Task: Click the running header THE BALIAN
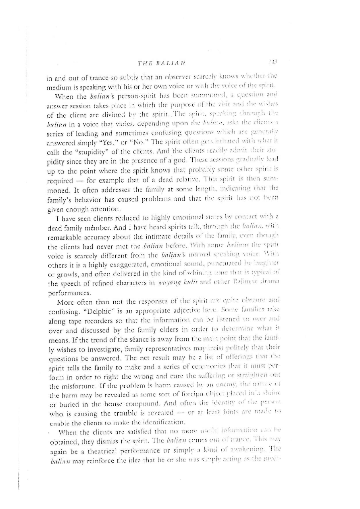point(160,62)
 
